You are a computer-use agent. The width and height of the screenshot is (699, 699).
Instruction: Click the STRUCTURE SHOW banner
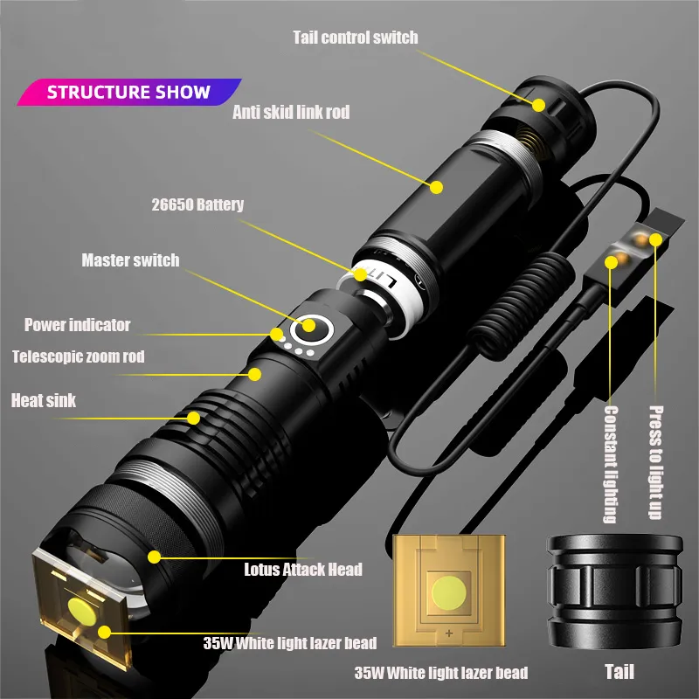(x=128, y=92)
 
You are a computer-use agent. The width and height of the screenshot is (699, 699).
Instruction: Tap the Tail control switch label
(x=356, y=37)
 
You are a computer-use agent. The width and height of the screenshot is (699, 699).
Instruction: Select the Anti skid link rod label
(x=292, y=112)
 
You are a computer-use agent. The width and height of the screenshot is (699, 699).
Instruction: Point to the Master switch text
(x=130, y=260)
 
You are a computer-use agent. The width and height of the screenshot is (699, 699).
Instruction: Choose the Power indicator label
(x=77, y=325)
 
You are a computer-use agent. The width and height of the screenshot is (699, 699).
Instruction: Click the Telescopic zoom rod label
(x=78, y=356)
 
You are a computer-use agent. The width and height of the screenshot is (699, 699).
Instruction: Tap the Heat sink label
(x=44, y=401)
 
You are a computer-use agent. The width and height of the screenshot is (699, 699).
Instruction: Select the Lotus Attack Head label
(x=302, y=570)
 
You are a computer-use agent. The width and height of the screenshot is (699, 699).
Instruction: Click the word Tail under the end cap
(x=619, y=671)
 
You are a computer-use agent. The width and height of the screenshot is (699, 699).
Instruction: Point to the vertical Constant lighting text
(x=611, y=463)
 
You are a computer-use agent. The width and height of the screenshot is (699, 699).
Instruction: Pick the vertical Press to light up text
(x=656, y=461)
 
